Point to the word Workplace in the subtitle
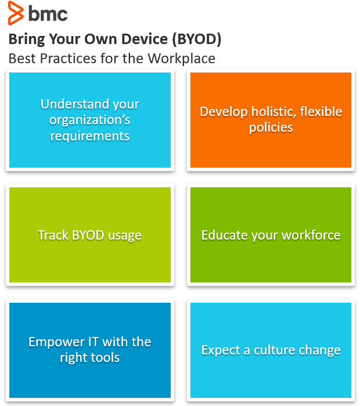pyautogui.click(x=182, y=59)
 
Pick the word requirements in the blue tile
pyautogui.click(x=90, y=136)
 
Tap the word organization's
pyautogui.click(x=90, y=120)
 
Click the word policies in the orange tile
pyautogui.click(x=271, y=127)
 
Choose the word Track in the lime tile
pyautogui.click(x=51, y=235)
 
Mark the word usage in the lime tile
pyautogui.click(x=125, y=235)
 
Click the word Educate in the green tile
pyautogui.click(x=222, y=235)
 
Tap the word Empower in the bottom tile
pyautogui.click(x=53, y=342)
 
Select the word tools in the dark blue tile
pyautogui.click(x=105, y=357)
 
